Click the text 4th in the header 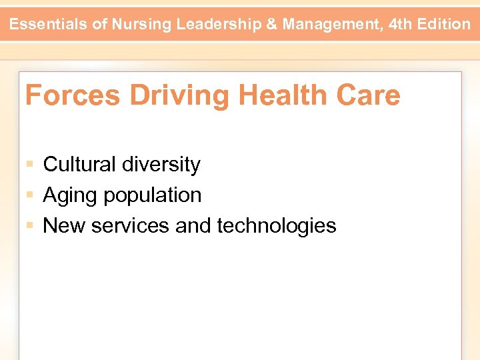tap(400, 25)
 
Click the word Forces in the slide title tap(73, 95)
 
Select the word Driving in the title tap(179, 97)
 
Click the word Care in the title tap(369, 95)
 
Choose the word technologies tap(277, 226)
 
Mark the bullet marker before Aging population tap(30, 195)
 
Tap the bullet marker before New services tap(30, 226)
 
